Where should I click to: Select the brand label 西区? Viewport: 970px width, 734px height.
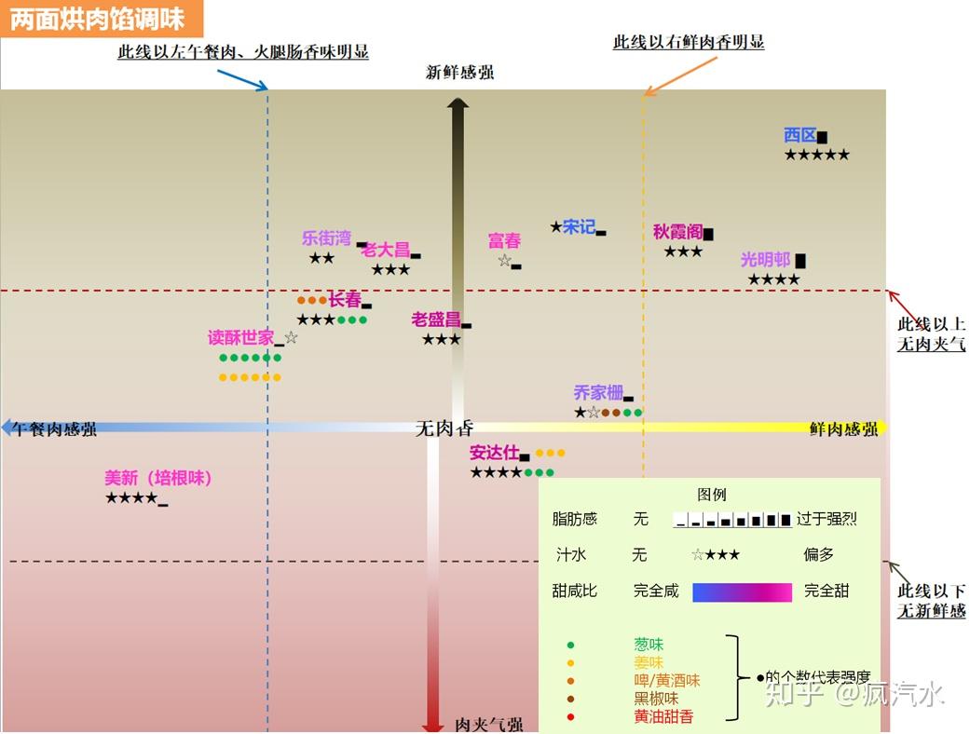(799, 136)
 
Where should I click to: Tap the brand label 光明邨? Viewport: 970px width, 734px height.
(765, 260)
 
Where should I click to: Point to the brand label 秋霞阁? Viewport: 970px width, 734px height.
(677, 232)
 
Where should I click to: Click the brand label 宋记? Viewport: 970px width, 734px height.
(579, 226)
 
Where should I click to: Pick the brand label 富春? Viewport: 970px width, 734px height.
(504, 241)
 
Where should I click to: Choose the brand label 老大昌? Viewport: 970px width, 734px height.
(386, 250)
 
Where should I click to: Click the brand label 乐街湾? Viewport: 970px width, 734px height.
(326, 238)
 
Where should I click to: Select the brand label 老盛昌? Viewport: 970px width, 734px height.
(436, 319)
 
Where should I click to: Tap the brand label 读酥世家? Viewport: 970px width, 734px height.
(240, 337)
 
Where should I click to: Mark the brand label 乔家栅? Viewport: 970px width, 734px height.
(597, 393)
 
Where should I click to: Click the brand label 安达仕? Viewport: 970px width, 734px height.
(494, 453)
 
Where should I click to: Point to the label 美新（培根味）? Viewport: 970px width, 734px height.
(158, 478)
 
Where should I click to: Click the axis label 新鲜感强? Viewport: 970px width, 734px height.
(459, 73)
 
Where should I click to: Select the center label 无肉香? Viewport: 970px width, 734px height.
(444, 428)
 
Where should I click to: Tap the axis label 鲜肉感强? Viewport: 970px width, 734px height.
(842, 429)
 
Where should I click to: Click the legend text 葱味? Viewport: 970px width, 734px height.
(649, 645)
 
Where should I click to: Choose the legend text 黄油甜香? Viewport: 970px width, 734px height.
(663, 716)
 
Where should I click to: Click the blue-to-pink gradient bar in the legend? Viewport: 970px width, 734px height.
(742, 592)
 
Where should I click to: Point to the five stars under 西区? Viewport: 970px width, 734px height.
(816, 156)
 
